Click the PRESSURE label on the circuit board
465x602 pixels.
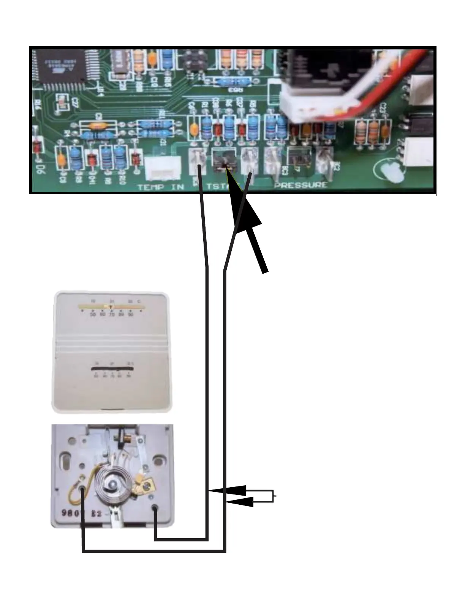[301, 185]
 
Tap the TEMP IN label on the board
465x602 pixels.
[161, 187]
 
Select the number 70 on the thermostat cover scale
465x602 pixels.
[112, 315]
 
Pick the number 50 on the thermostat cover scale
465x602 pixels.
[93, 315]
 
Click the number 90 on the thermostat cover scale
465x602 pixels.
[131, 315]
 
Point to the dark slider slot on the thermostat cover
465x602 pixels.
[112, 369]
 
